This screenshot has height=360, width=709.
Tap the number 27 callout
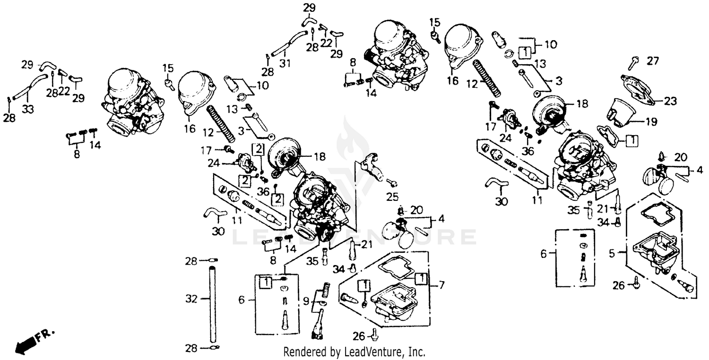(x=652, y=60)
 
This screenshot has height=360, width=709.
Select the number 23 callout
(x=670, y=101)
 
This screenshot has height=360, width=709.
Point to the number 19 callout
(x=651, y=121)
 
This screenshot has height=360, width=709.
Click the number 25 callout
(x=393, y=196)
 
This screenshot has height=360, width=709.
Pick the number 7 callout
(x=441, y=285)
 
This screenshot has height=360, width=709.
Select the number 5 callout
(x=612, y=254)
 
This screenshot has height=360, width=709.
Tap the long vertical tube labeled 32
(x=212, y=302)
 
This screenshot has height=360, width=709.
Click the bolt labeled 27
(x=634, y=62)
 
